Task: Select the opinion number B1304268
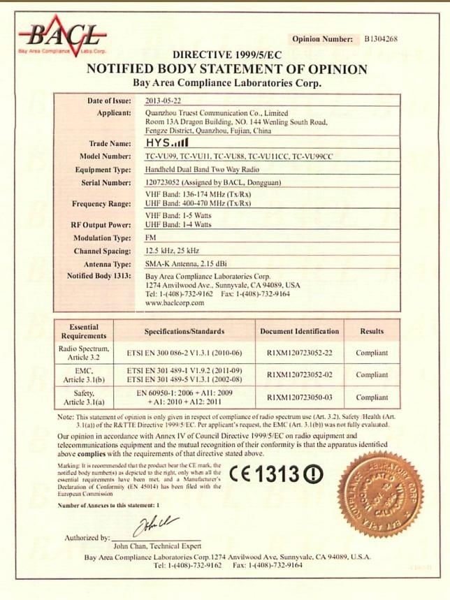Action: coord(380,39)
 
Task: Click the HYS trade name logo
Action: coord(162,143)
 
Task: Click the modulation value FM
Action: coord(151,237)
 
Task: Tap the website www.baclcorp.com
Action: coord(175,303)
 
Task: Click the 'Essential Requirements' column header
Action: coord(84,330)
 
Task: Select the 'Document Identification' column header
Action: coord(299,331)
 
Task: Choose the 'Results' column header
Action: coord(372,331)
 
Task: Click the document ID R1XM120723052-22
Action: coord(299,353)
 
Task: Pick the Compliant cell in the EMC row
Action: coord(372,374)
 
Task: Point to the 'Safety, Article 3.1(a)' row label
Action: coord(84,398)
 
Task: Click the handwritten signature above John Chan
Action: coord(155,525)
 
